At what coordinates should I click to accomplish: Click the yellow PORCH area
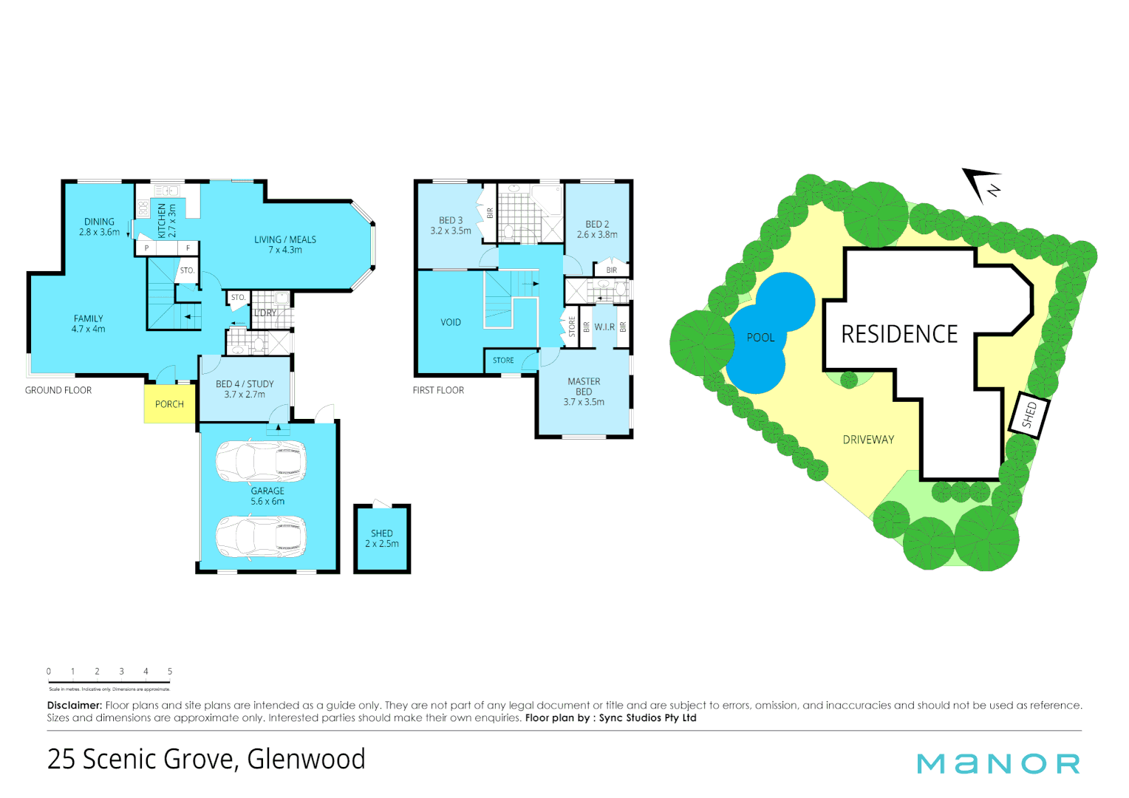click(x=169, y=403)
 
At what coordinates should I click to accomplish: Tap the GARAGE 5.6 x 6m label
click(x=267, y=496)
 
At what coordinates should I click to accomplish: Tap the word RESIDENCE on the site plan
click(x=899, y=335)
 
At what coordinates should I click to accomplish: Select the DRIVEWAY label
click(x=868, y=440)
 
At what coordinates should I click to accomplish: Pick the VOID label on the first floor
click(x=451, y=323)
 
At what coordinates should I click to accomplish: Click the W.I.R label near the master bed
click(x=604, y=327)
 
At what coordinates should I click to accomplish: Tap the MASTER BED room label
click(x=584, y=392)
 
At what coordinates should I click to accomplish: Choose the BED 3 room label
click(x=451, y=225)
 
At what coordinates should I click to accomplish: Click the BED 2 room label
click(x=597, y=229)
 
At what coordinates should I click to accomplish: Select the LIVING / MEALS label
click(x=285, y=245)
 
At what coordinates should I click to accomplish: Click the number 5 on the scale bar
click(x=170, y=672)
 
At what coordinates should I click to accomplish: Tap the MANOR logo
click(x=998, y=763)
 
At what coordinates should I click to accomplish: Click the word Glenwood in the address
click(x=306, y=759)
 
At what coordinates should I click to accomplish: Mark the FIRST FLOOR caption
click(x=438, y=390)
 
